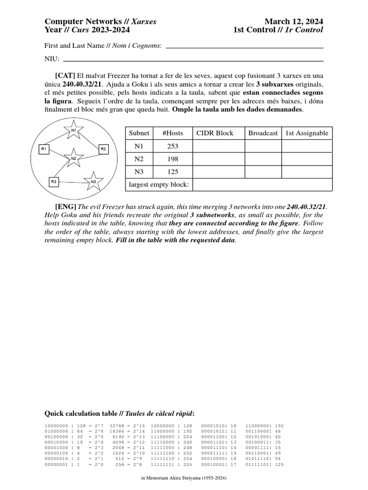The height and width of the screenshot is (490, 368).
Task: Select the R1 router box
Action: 44,149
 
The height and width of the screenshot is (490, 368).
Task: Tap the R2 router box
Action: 103,149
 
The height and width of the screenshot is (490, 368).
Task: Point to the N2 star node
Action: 73,158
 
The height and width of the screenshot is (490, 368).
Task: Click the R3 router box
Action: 54,182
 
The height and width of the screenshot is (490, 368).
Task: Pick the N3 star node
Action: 93,182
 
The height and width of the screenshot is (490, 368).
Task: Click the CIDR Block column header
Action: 214,133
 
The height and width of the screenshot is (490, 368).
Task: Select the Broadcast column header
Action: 263,133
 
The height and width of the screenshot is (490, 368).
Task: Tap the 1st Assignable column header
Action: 307,133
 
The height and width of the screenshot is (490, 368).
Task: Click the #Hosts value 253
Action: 173,146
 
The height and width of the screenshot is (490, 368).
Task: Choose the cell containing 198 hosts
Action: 173,159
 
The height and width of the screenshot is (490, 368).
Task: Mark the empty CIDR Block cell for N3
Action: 218,172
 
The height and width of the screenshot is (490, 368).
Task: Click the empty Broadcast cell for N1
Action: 263,146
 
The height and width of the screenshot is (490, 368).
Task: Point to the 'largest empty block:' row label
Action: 159,185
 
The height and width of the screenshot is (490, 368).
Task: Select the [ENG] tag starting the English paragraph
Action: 66,206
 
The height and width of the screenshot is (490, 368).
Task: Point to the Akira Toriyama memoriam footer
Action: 184,478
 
